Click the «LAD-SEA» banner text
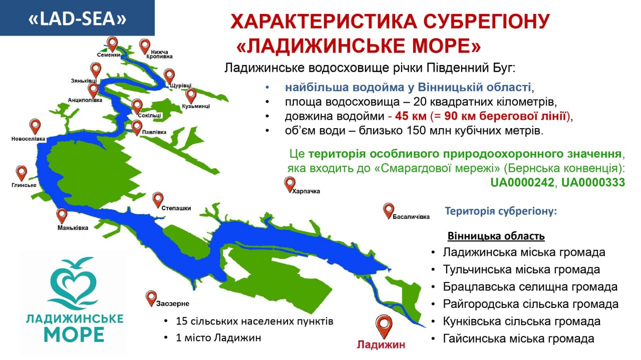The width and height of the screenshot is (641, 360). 78,19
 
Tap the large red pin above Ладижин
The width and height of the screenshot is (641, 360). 384,326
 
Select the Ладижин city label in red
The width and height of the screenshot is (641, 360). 381,344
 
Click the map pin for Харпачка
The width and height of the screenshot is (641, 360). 289,184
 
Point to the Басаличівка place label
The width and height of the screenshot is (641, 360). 411,217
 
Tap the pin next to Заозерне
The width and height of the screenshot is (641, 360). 151,298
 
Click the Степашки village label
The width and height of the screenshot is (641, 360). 176,208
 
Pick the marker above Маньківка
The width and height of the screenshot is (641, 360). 62,215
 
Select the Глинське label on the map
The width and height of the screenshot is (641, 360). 24,185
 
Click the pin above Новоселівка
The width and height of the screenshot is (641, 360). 35,126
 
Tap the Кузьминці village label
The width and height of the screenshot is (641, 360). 196,106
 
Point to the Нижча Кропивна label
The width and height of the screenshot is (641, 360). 159,54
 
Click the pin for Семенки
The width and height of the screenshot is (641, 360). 112,44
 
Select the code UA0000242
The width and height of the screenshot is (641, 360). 522,182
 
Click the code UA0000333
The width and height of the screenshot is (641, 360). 593,182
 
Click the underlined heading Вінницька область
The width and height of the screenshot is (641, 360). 496,236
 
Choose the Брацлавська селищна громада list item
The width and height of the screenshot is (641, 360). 530,286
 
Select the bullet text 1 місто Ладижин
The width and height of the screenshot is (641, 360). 218,337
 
